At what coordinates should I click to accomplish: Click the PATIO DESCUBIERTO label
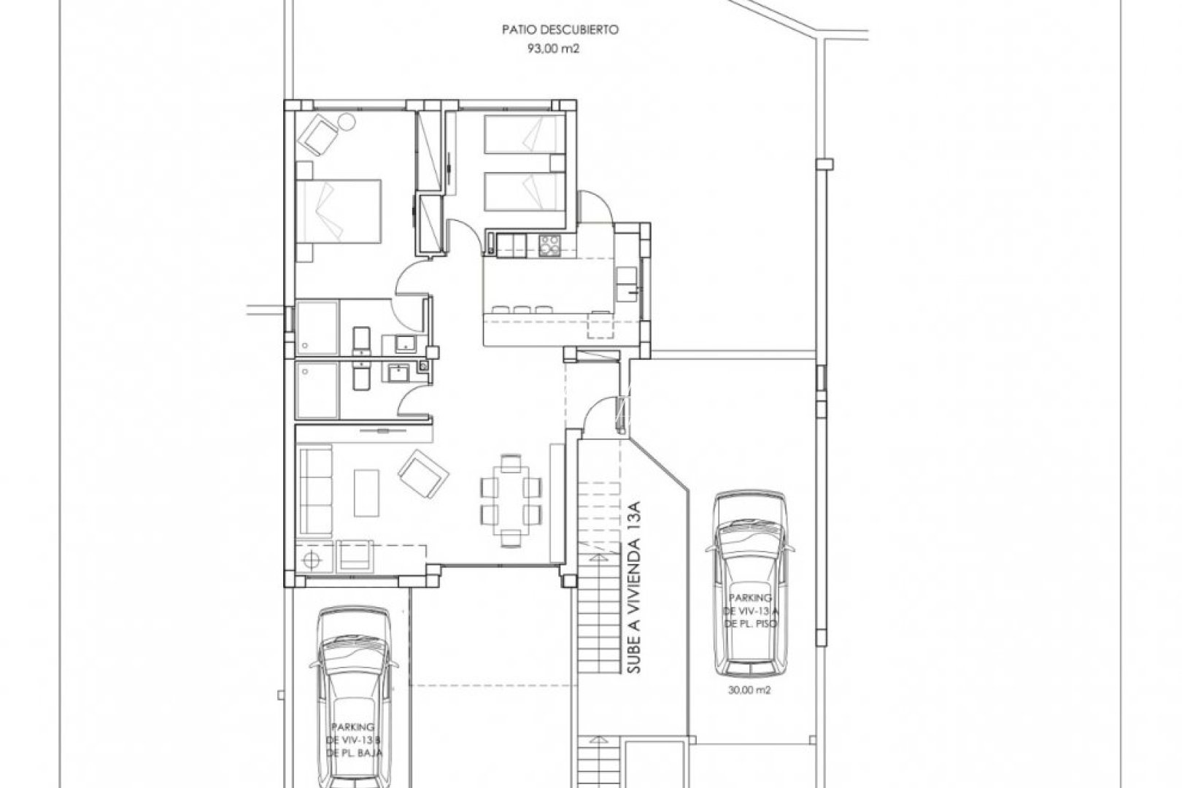[560, 30]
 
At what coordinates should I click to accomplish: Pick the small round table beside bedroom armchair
[346, 122]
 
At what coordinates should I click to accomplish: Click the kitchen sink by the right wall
[627, 282]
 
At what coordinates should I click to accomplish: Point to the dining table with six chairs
[511, 500]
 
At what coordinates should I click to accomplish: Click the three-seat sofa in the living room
[314, 492]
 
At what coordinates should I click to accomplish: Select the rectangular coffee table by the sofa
[367, 492]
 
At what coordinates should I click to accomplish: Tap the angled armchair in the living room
[424, 475]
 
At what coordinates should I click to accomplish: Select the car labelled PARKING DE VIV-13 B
[353, 700]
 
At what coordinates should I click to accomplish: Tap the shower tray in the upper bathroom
[317, 328]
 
